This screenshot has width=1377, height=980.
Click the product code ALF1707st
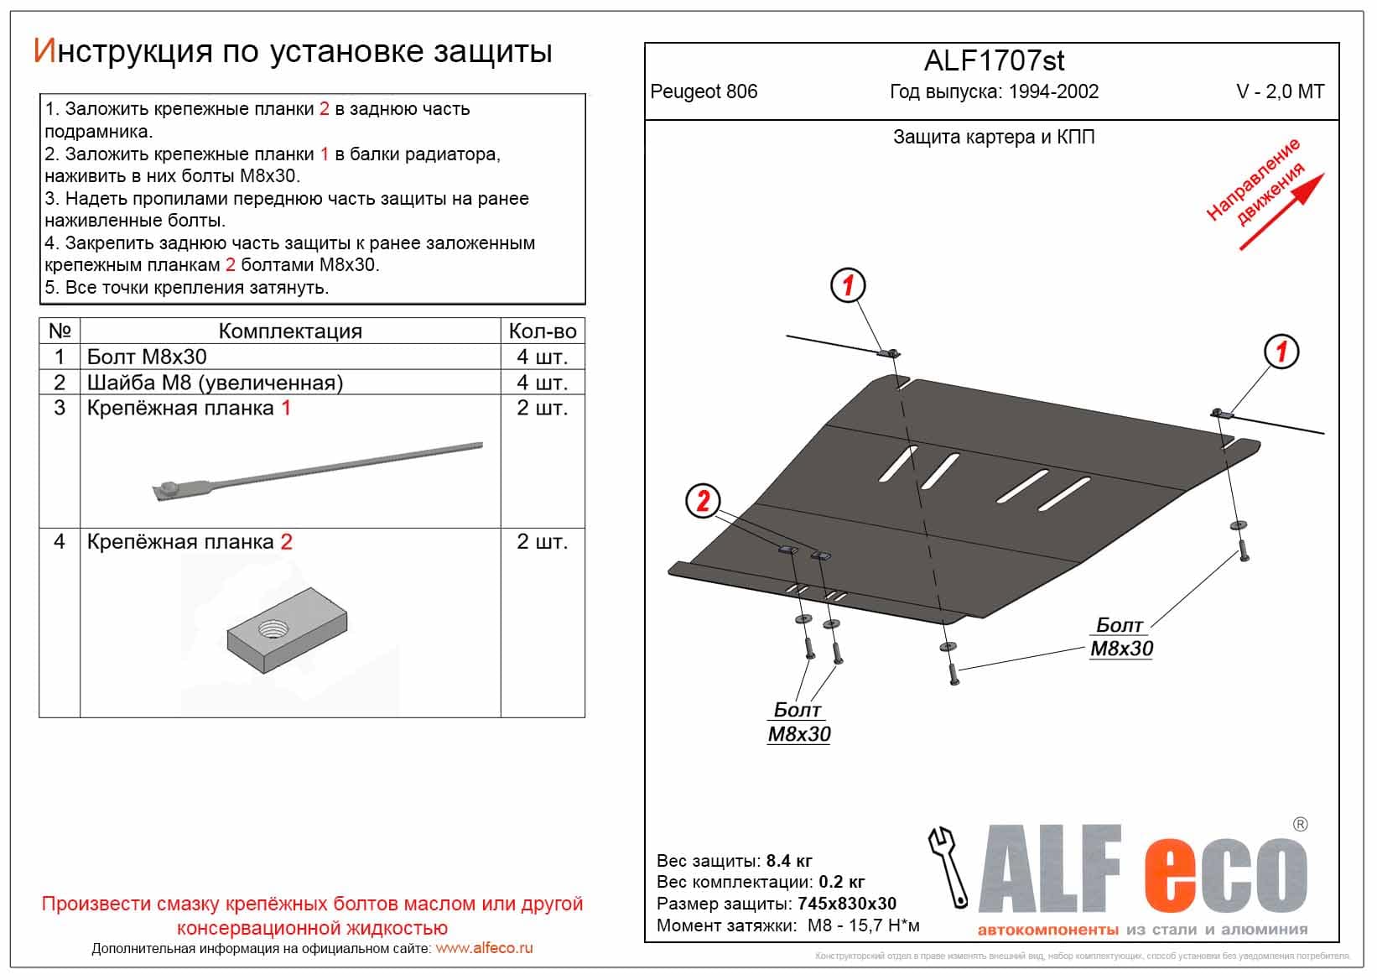coord(994,61)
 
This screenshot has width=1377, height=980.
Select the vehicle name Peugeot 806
coord(704,92)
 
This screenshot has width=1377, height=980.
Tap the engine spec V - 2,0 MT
coord(1280,92)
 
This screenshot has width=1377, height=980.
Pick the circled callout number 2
coord(703,502)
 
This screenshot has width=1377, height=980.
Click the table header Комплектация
coord(290,331)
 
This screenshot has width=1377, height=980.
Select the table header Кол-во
coord(542,331)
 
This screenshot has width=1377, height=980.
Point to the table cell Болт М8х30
coord(147,357)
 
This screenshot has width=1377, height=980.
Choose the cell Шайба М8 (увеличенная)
coord(215,383)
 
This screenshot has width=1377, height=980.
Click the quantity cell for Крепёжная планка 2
coord(542,542)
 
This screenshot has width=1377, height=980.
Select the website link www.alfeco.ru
coord(484,949)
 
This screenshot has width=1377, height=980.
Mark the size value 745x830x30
coord(846,904)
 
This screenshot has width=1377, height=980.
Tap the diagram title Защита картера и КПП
coord(994,138)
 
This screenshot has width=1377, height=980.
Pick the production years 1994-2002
coord(1053,92)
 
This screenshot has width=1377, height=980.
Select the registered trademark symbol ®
coord(1300,825)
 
